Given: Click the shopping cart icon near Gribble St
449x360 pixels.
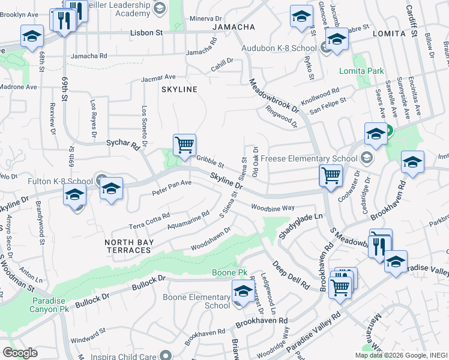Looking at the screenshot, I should coord(184,145).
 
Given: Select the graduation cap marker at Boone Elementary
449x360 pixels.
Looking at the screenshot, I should coord(243,292).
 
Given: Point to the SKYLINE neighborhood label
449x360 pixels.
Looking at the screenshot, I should coord(179,89).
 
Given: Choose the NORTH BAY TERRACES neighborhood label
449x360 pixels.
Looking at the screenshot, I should coord(129,246).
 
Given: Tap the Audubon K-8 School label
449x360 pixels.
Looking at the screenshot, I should coord(279,48).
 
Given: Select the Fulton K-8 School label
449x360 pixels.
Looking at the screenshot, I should coord(59,181).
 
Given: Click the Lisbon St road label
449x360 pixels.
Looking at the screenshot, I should coord(147,34).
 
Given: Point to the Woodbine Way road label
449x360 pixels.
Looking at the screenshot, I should coord(273,208).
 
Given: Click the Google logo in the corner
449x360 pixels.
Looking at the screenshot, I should coord(20,352).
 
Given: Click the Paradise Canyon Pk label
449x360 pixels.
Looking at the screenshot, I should coord(50,304).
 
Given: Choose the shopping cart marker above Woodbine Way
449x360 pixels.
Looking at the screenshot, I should coord(330,175).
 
